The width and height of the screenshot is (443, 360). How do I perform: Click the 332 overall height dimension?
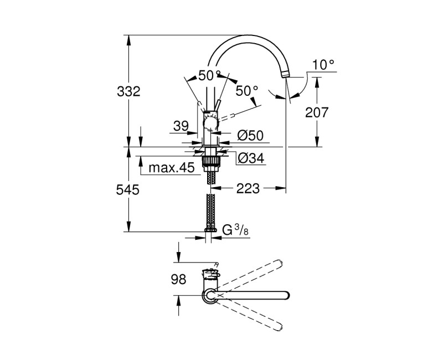pyautogui.click(x=128, y=92)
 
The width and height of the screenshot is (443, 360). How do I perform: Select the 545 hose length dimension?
pyautogui.click(x=128, y=189)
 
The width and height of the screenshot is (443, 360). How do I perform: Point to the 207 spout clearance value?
pyautogui.click(x=317, y=112)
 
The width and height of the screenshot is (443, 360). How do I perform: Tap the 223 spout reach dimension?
pyautogui.click(x=248, y=189)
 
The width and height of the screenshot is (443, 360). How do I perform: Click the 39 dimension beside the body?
pyautogui.click(x=181, y=127)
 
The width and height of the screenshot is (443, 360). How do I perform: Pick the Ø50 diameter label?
pyautogui.click(x=250, y=135)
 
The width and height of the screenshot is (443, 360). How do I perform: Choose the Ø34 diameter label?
pyautogui.click(x=250, y=159)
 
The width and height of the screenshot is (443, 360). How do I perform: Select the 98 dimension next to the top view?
pyautogui.click(x=179, y=280)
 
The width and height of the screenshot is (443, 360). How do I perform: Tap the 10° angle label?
pyautogui.click(x=323, y=65)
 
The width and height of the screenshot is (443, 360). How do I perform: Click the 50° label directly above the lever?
pyautogui.click(x=209, y=76)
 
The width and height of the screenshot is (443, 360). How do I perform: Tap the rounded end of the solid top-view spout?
pyautogui.click(x=286, y=295)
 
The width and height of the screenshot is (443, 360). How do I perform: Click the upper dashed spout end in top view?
pyautogui.click(x=280, y=262)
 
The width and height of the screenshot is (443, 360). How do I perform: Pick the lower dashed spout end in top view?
pyautogui.click(x=281, y=328)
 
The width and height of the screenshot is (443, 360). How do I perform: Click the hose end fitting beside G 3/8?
pyautogui.click(x=210, y=228)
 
